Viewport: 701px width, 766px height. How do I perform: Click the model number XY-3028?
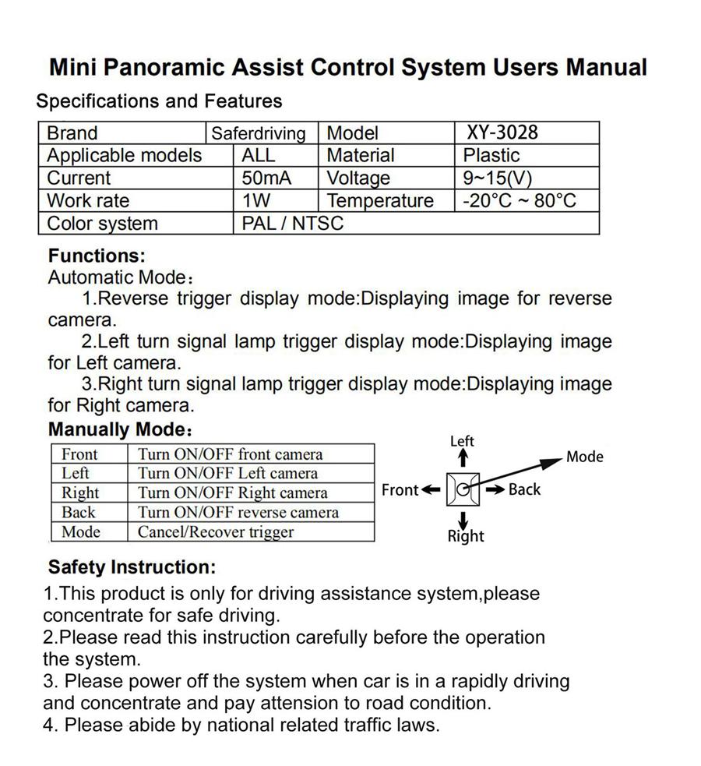pyautogui.click(x=502, y=132)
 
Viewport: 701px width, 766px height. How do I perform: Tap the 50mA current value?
pyautogui.click(x=266, y=178)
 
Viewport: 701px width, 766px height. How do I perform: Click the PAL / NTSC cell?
pyautogui.click(x=292, y=224)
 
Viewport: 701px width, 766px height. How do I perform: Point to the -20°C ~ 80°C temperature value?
pyautogui.click(x=519, y=200)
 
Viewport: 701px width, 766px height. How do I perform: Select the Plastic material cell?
pyautogui.click(x=491, y=155)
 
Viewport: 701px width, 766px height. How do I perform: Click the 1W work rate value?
pyautogui.click(x=256, y=200)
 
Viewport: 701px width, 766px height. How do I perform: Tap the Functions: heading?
pyautogui.click(x=97, y=256)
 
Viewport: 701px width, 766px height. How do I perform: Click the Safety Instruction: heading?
pyautogui.click(x=132, y=567)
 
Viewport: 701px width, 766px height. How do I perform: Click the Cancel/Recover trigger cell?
pyautogui.click(x=216, y=532)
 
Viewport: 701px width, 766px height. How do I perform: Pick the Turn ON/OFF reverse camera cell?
pyautogui.click(x=238, y=513)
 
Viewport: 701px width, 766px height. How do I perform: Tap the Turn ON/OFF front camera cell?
pyautogui.click(x=230, y=454)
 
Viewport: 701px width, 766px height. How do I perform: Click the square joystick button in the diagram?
pyautogui.click(x=463, y=490)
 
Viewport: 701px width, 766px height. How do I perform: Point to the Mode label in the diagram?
pyautogui.click(x=584, y=457)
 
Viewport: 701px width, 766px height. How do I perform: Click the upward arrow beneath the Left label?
pyautogui.click(x=463, y=459)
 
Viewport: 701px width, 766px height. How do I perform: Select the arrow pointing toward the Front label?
pyautogui.click(x=432, y=490)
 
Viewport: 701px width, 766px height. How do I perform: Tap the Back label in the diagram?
pyautogui.click(x=524, y=489)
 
